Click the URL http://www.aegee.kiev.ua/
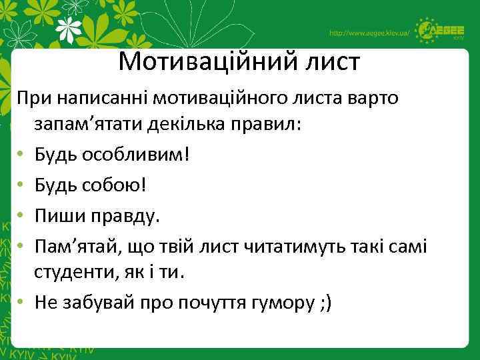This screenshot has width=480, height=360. click(369, 33)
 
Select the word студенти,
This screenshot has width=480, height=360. click(81, 273)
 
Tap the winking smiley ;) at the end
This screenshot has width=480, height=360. click(330, 303)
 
